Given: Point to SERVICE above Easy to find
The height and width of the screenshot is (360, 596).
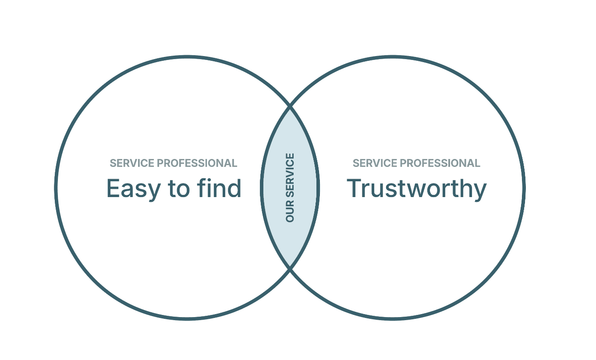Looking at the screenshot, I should coord(132,163).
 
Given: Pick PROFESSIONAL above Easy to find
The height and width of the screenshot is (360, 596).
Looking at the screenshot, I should coord(197,163).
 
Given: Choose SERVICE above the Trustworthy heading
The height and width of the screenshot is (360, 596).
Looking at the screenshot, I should coord(375,163).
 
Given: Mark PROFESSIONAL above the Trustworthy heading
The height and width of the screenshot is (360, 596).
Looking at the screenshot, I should coord(440,163).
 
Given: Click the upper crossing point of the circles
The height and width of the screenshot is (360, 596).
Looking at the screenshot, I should coord(290,106).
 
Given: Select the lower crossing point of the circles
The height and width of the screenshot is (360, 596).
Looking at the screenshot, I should coord(290,268).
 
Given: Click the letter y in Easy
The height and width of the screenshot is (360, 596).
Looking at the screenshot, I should coord(156,192).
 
